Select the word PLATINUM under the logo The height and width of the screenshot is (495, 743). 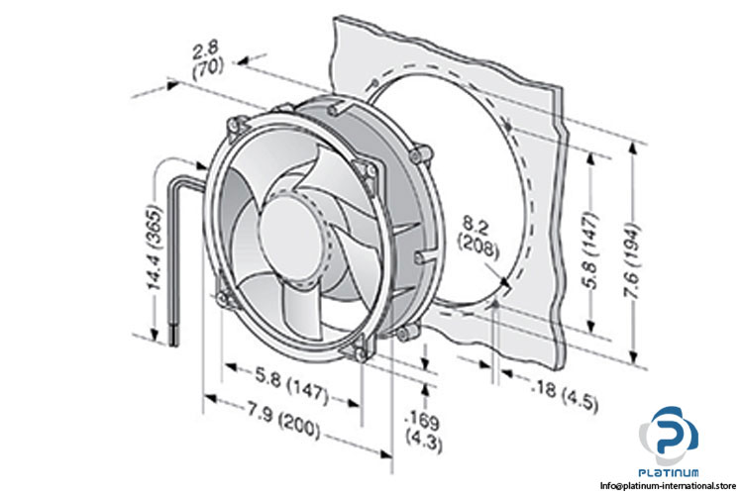(x=673, y=472)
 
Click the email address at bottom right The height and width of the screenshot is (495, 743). (x=671, y=486)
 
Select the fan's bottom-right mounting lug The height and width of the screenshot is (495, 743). (x=360, y=347)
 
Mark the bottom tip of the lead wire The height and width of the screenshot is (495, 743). (x=177, y=341)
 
